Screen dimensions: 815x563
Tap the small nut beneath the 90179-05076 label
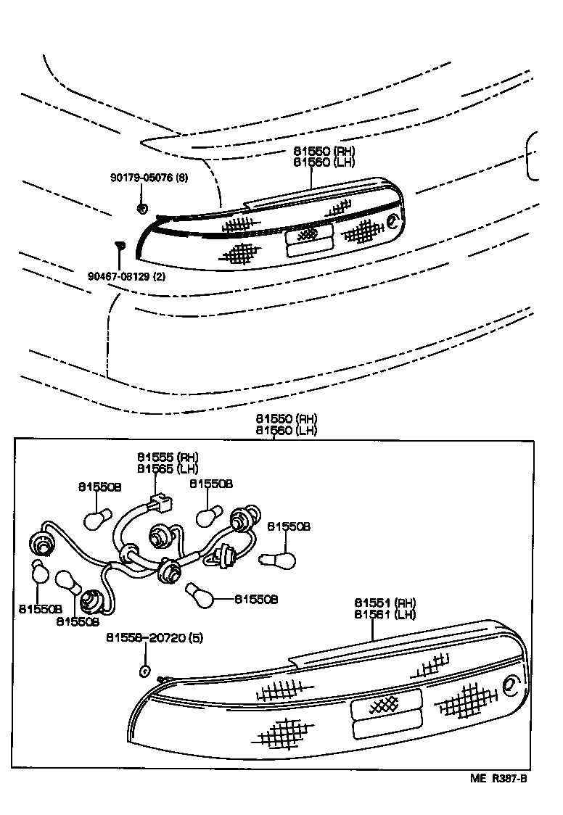pyautogui.click(x=141, y=209)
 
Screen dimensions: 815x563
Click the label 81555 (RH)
pyautogui.click(x=168, y=458)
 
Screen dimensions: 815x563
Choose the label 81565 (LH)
pyautogui.click(x=168, y=468)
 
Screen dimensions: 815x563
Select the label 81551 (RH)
pyautogui.click(x=385, y=603)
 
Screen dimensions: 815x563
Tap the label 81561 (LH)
pyautogui.click(x=385, y=615)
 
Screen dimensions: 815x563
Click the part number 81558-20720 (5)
pyautogui.click(x=155, y=638)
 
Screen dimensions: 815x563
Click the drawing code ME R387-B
pyautogui.click(x=498, y=779)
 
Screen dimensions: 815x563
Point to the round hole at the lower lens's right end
pyautogui.click(x=510, y=684)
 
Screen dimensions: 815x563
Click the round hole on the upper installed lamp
pyautogui.click(x=393, y=220)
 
